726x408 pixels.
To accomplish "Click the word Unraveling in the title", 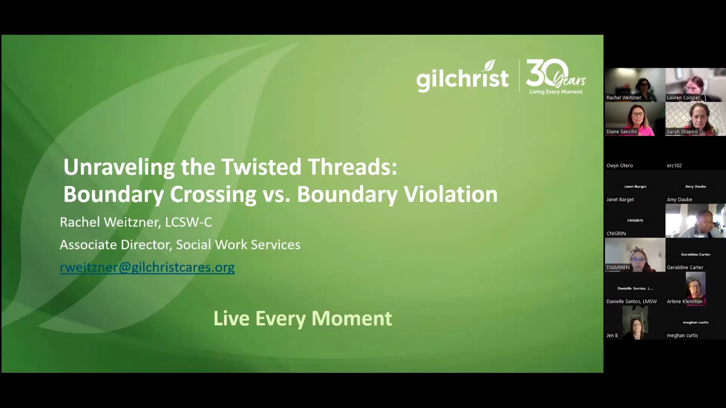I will (x=119, y=167).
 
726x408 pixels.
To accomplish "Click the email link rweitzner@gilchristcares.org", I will (x=147, y=267).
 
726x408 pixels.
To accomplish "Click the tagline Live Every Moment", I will (x=302, y=318).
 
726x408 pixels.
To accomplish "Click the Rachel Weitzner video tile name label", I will (x=624, y=97).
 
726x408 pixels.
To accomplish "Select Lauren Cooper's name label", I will (x=683, y=97).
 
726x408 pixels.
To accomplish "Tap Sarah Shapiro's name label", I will (x=682, y=131).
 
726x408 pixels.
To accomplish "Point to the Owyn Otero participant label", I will (x=619, y=165).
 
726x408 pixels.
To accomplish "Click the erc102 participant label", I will (x=674, y=165).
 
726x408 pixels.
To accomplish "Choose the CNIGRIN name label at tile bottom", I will (x=616, y=233).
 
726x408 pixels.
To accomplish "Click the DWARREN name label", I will (x=618, y=267).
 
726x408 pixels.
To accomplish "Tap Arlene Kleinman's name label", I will (x=684, y=301).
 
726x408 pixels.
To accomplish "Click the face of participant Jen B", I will (x=636, y=325).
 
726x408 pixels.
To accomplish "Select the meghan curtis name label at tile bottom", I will (x=682, y=335).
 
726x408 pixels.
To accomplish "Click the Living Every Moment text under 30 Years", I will (x=555, y=92).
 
